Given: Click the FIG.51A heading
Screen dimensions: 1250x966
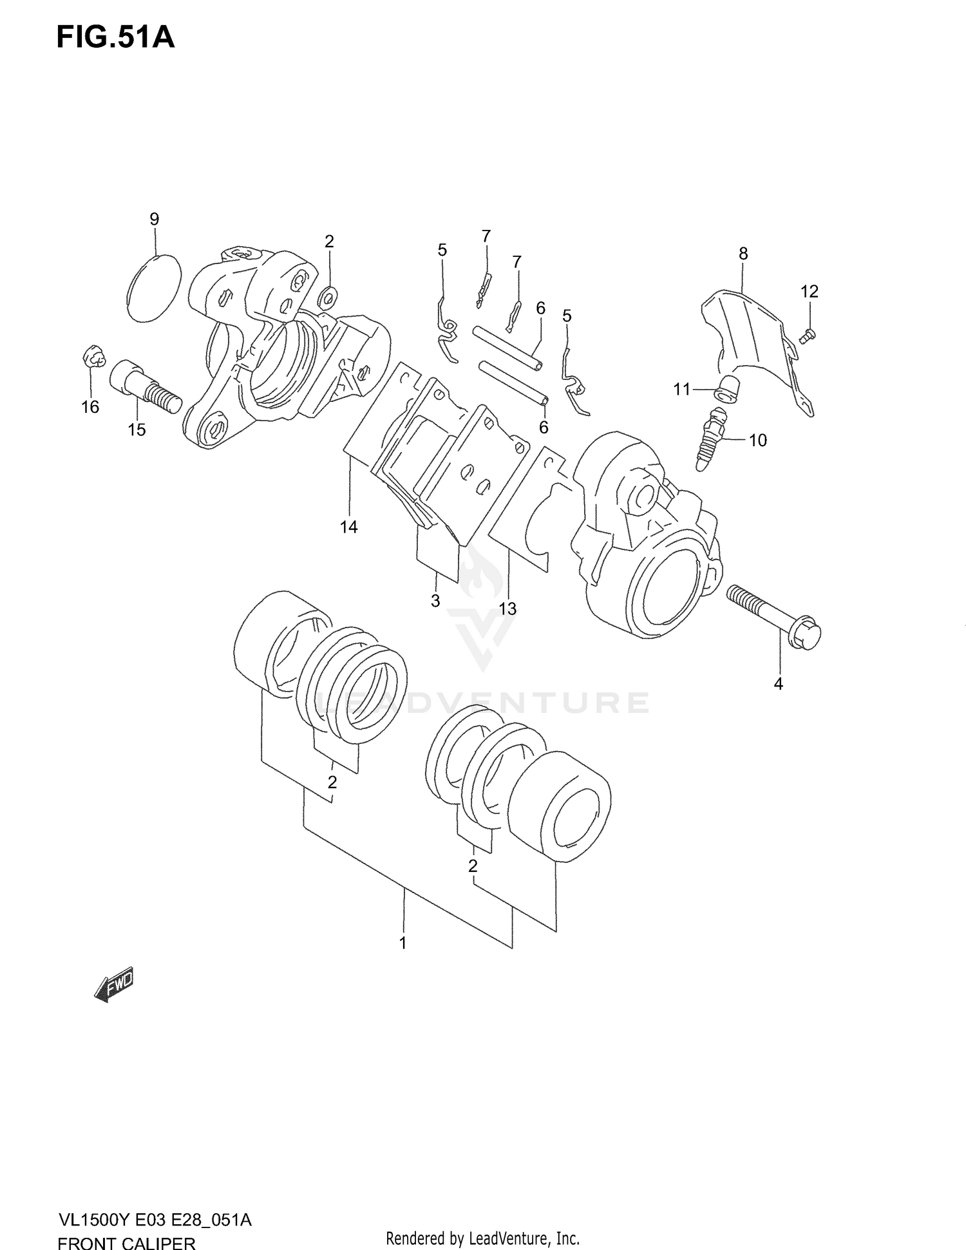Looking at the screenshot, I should (x=115, y=38).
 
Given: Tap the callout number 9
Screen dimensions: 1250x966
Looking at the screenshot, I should (x=154, y=219).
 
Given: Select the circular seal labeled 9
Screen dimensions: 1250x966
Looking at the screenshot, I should (x=154, y=288).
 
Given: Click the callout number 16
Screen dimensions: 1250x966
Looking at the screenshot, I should (x=90, y=406).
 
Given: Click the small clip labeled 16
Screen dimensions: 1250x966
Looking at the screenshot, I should (x=94, y=357).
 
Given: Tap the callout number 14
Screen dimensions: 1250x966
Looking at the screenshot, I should (x=348, y=527).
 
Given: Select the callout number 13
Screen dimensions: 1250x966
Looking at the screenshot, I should (x=507, y=608).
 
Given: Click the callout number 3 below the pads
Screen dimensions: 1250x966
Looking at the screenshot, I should (x=435, y=601).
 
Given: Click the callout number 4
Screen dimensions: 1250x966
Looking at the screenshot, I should (x=778, y=684).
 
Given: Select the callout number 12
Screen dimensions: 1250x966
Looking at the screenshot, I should (x=810, y=292).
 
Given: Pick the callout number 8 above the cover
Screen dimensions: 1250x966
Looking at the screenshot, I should (x=743, y=254).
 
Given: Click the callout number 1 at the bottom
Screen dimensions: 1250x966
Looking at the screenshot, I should (x=403, y=943).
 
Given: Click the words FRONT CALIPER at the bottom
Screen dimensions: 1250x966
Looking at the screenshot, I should (x=126, y=1242).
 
